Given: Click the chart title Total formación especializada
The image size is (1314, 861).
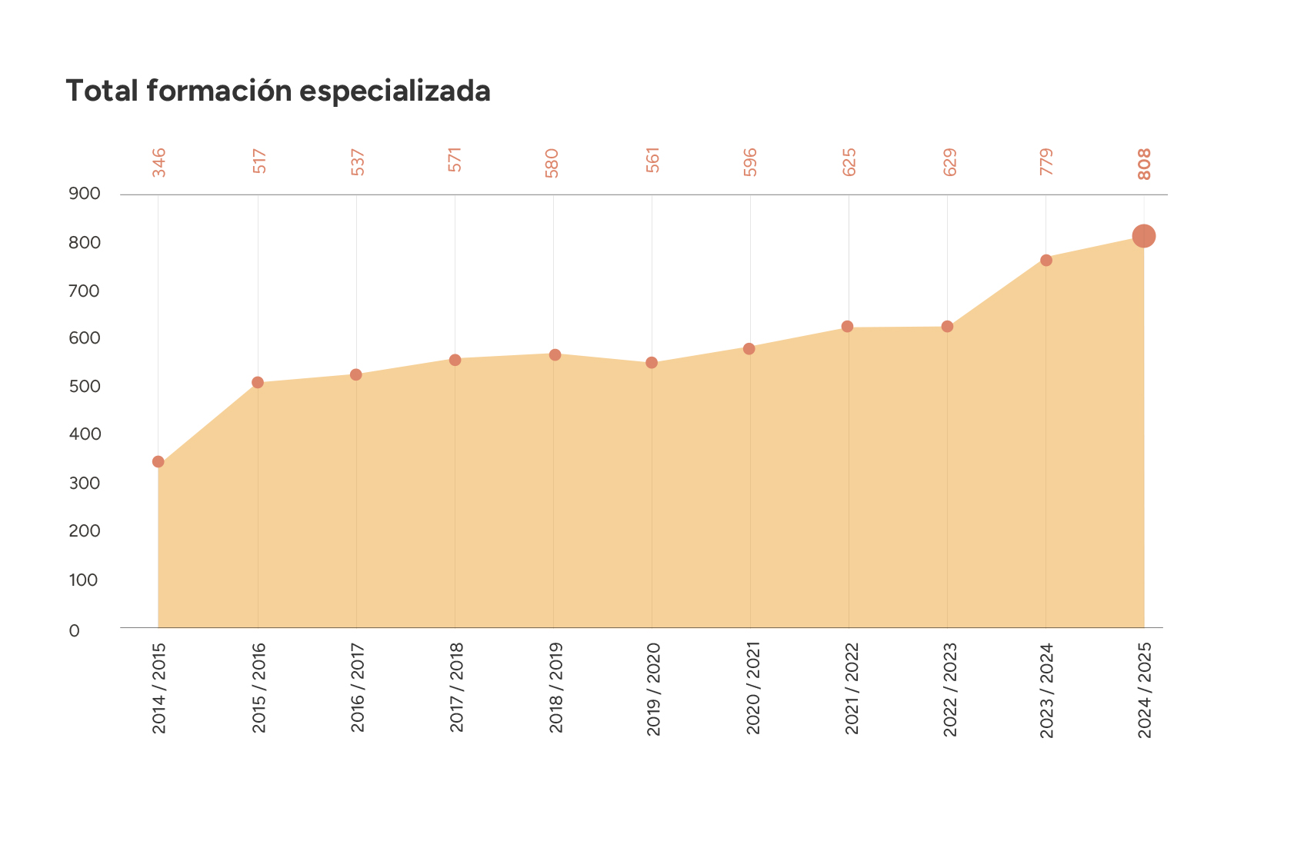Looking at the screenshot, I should click(x=278, y=91).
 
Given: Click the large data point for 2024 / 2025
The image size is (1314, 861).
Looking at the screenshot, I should click(x=1144, y=236).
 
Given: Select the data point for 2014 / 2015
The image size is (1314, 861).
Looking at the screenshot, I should click(x=158, y=462).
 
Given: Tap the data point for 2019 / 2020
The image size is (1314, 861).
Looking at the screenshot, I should click(x=652, y=363).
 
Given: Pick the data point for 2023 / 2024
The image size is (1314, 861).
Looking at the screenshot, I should click(x=1046, y=261).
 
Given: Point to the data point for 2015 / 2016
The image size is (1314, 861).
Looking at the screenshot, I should click(x=258, y=383).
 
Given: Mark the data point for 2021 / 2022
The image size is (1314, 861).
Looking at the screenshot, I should click(x=848, y=327).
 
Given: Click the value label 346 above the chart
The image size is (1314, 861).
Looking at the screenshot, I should click(x=159, y=162).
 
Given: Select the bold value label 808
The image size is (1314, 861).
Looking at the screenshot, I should click(x=1145, y=164).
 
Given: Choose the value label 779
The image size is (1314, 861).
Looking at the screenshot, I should click(x=1046, y=161).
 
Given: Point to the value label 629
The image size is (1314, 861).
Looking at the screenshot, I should click(x=950, y=162).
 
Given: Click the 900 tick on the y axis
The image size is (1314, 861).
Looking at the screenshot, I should click(x=85, y=194).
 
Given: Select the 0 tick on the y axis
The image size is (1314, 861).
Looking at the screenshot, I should click(x=75, y=631).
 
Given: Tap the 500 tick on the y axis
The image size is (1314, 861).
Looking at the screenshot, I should click(x=85, y=386).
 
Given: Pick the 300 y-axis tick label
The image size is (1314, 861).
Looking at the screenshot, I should click(x=85, y=483).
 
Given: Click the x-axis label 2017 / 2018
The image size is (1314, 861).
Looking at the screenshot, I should click(x=456, y=687).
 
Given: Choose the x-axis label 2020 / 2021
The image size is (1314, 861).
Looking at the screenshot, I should click(x=752, y=687).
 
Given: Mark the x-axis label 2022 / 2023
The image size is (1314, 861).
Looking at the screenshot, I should click(x=950, y=690).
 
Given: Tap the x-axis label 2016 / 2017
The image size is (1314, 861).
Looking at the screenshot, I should click(x=358, y=687).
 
